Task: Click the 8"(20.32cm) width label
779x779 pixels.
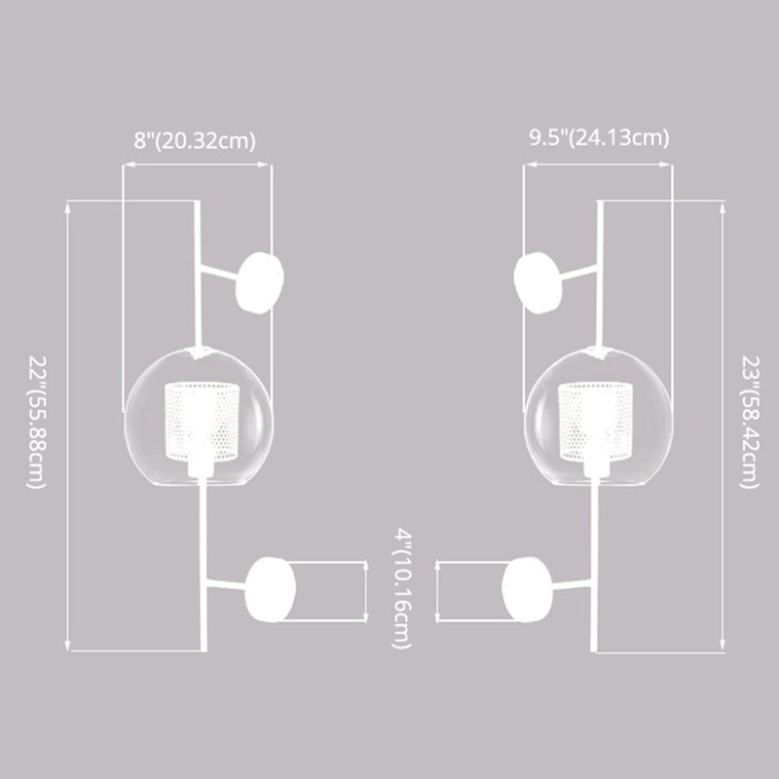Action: [194, 140]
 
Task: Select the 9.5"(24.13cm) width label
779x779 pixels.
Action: [599, 137]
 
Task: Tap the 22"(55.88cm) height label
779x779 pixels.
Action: [37, 423]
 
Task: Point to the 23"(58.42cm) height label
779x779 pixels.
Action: [750, 423]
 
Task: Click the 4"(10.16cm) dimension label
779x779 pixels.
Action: [402, 589]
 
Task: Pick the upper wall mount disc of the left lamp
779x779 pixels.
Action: [259, 282]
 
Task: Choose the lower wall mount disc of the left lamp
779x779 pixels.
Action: [271, 590]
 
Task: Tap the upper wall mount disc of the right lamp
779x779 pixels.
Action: [538, 282]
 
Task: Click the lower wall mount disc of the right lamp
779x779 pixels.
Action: [527, 590]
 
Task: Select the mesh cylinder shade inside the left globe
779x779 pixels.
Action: [202, 421]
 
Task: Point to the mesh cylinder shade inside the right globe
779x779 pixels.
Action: [596, 421]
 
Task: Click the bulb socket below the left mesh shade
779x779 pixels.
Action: [201, 467]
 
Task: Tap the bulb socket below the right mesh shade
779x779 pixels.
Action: [596, 467]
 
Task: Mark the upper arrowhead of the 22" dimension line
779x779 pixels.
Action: [68, 206]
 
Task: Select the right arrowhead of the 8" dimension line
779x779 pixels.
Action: [264, 165]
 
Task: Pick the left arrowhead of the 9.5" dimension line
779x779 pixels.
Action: [531, 165]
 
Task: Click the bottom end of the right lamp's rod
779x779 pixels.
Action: [593, 650]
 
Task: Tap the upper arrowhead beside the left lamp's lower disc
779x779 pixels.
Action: [366, 567]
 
